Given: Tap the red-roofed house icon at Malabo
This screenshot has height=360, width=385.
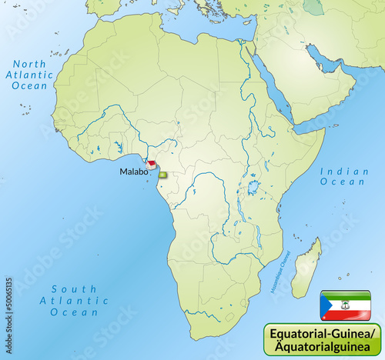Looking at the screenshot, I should (152, 164).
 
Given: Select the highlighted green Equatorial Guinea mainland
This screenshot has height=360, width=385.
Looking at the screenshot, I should (162, 175).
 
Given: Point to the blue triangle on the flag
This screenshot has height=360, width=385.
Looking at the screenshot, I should (326, 305).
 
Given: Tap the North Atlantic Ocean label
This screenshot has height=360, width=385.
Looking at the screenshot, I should (30, 75).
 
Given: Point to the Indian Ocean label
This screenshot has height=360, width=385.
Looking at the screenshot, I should (343, 177).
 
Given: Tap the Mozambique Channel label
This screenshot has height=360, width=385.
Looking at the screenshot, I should (276, 266).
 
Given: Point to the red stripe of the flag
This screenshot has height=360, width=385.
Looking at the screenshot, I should (350, 315).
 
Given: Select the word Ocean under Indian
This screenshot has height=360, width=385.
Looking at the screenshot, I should (343, 182).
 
